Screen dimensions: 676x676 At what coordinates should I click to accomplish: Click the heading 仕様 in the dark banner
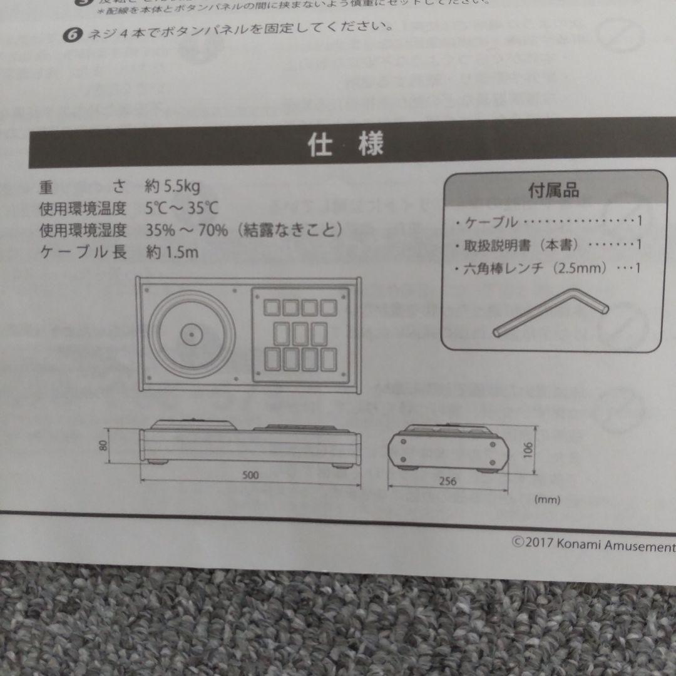(x=345, y=146)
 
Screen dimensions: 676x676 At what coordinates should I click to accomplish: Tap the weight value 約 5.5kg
(x=172, y=186)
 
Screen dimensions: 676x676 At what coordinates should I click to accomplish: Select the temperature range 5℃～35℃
(x=182, y=208)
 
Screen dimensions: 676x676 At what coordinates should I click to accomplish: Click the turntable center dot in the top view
(x=187, y=334)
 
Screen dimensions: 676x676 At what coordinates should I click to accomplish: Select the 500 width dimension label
(x=250, y=475)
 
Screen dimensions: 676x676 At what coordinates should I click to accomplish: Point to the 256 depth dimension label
(x=447, y=481)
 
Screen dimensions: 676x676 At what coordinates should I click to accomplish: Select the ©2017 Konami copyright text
(x=592, y=544)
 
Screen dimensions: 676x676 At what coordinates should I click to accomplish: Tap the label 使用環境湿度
(x=83, y=230)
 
